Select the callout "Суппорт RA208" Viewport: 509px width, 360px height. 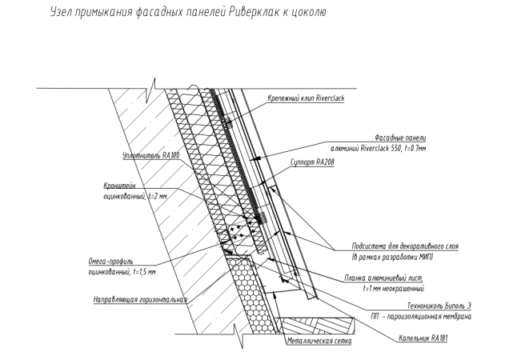click(x=308, y=162)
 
